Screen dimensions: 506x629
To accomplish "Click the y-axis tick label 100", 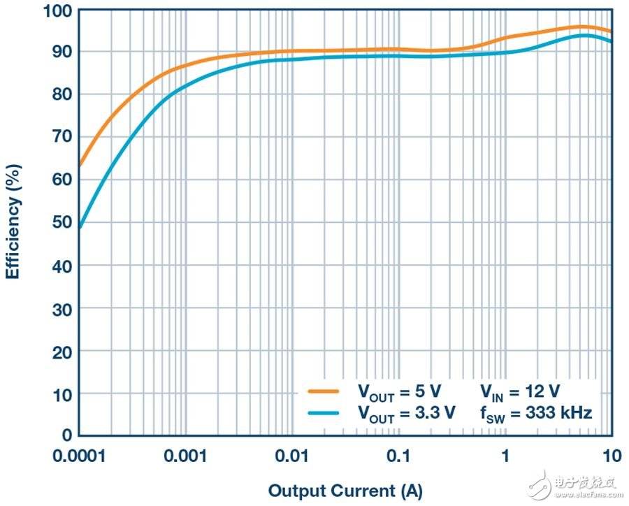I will point(58,11).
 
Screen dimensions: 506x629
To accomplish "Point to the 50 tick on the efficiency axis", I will point(62,222).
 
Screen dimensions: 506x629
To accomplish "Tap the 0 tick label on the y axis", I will point(66,435).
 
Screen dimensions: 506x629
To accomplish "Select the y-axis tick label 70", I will point(62,136).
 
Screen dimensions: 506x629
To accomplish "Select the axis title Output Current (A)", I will point(345,491).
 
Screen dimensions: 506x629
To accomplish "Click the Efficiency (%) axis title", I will point(13,222).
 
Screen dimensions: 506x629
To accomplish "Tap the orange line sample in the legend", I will point(323,391).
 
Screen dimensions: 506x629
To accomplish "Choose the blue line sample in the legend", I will point(323,412).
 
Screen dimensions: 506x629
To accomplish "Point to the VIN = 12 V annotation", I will point(520,391).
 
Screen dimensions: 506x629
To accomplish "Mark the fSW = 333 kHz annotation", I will point(536,412).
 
